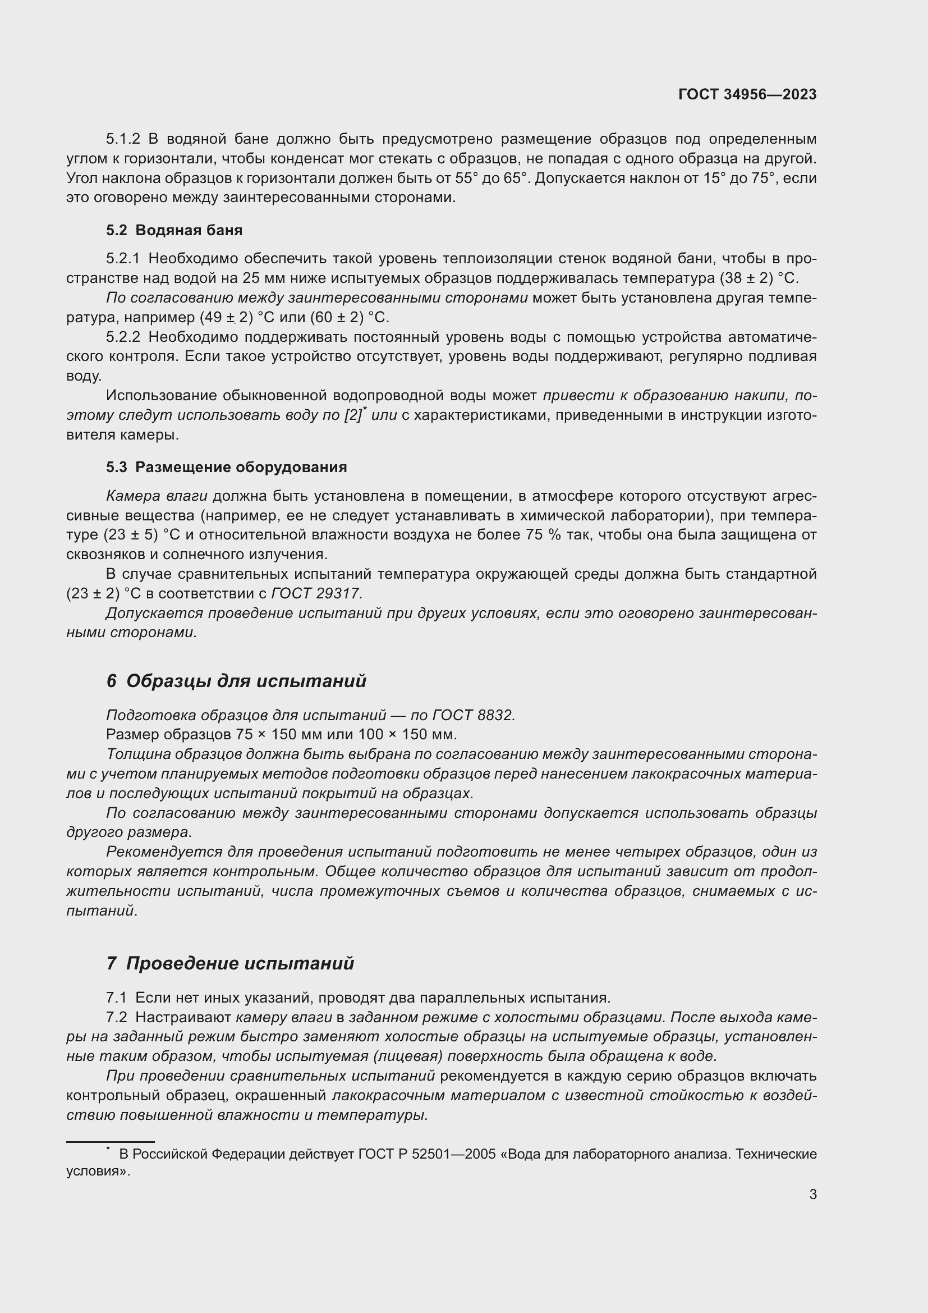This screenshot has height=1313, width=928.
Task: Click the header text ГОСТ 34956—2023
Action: point(747,94)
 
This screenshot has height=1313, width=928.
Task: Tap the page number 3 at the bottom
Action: point(812,1194)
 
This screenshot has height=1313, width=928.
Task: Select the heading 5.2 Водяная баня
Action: point(174,230)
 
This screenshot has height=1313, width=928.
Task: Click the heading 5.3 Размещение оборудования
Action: point(226,467)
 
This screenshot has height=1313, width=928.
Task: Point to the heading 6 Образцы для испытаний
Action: point(236,681)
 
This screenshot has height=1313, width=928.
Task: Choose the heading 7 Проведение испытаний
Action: point(229,964)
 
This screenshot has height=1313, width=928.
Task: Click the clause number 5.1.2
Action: point(123,139)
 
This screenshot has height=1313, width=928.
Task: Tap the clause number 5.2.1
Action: point(123,258)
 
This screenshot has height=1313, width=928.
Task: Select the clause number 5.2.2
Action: point(123,337)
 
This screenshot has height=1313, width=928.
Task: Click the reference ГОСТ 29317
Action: point(316,593)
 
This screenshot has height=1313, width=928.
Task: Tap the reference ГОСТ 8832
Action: point(474,715)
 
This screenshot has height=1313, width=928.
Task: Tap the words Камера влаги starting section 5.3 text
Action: point(157,496)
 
